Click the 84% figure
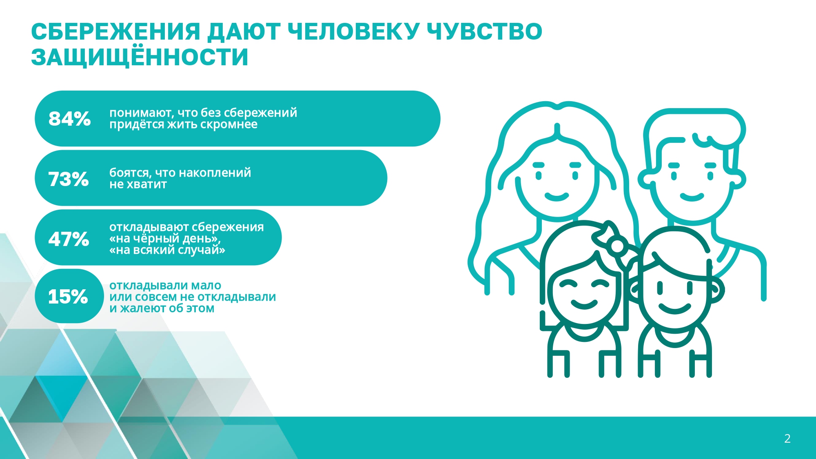pos(69,119)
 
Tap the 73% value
pos(69,179)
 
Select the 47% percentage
pos(69,239)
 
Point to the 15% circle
pos(69,296)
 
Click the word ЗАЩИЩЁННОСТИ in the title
pos(140,57)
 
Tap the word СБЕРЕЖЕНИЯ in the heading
pos(115,32)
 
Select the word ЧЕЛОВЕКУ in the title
pos(353,32)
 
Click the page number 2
pos(787,439)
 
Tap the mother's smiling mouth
pos(557,197)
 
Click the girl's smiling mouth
pos(584,304)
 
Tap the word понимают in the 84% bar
pos(142,113)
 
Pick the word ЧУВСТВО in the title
pos(484,32)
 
